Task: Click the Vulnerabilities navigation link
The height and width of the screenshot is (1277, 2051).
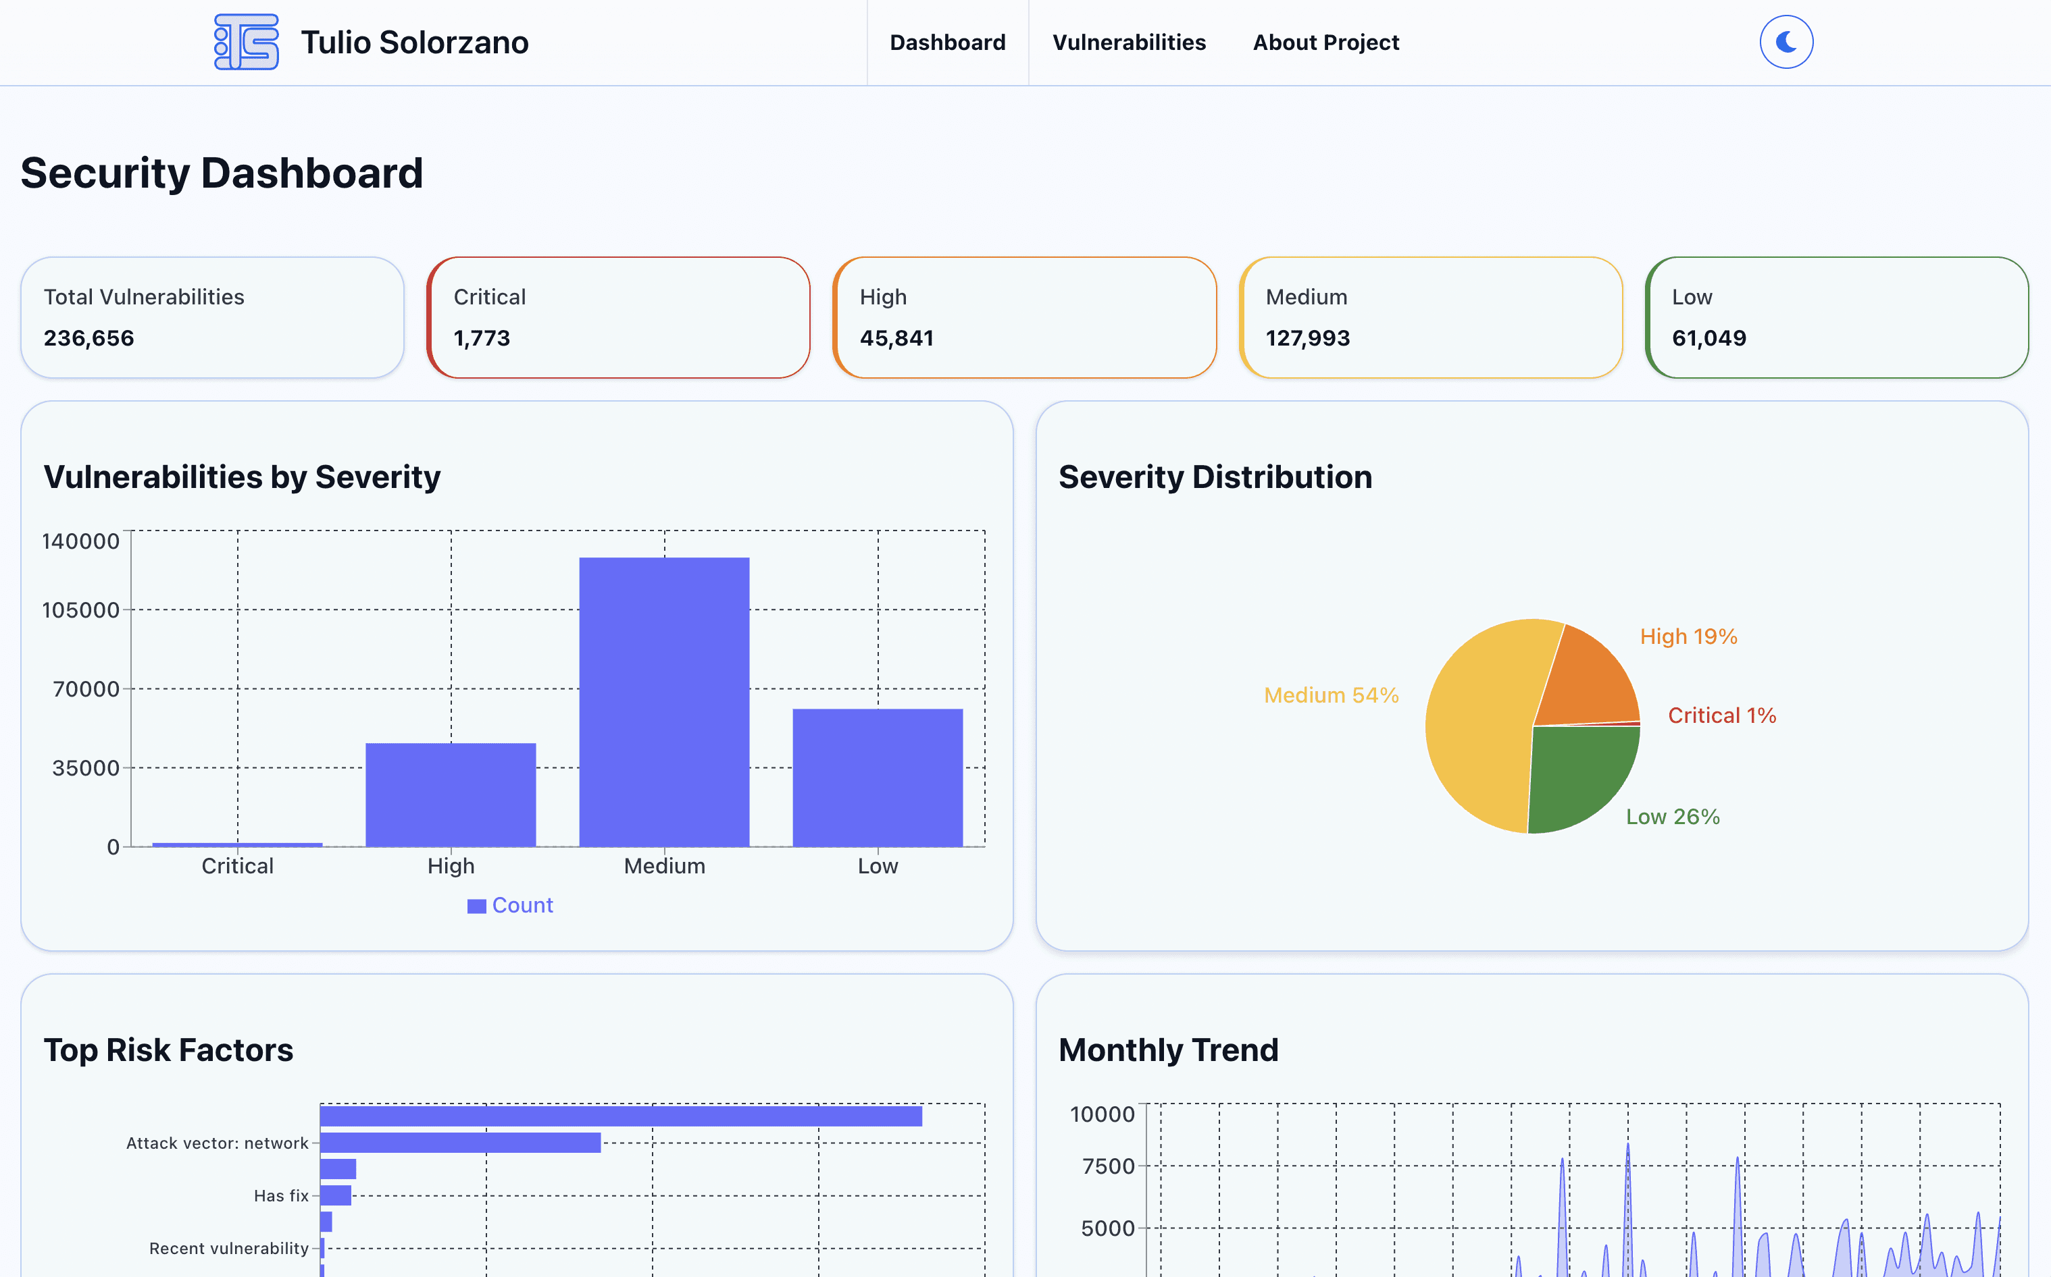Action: click(x=1128, y=43)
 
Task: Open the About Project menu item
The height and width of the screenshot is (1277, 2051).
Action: click(x=1325, y=43)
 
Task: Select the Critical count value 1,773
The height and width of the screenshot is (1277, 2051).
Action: click(x=482, y=338)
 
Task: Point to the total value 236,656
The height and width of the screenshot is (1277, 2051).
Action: click(x=88, y=338)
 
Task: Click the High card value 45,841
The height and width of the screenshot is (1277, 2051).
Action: click(x=896, y=338)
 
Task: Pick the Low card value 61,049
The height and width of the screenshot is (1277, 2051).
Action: click(x=1708, y=338)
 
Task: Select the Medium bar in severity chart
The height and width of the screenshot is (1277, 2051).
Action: click(x=664, y=701)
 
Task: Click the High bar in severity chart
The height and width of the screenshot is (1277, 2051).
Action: click(x=451, y=794)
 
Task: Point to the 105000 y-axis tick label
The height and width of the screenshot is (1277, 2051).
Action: click(x=81, y=609)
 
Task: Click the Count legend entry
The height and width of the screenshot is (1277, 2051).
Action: click(x=511, y=905)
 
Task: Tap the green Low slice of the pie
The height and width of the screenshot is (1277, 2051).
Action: click(x=1580, y=777)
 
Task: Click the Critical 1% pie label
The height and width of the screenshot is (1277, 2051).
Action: click(x=1721, y=715)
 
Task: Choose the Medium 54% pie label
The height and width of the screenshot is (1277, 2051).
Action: click(x=1331, y=695)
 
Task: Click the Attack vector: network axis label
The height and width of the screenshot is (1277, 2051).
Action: click(x=217, y=1143)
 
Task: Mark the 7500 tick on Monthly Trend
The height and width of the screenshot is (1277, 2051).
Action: click(x=1108, y=1166)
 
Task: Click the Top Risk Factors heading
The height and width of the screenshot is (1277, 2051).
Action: click(x=168, y=1050)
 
